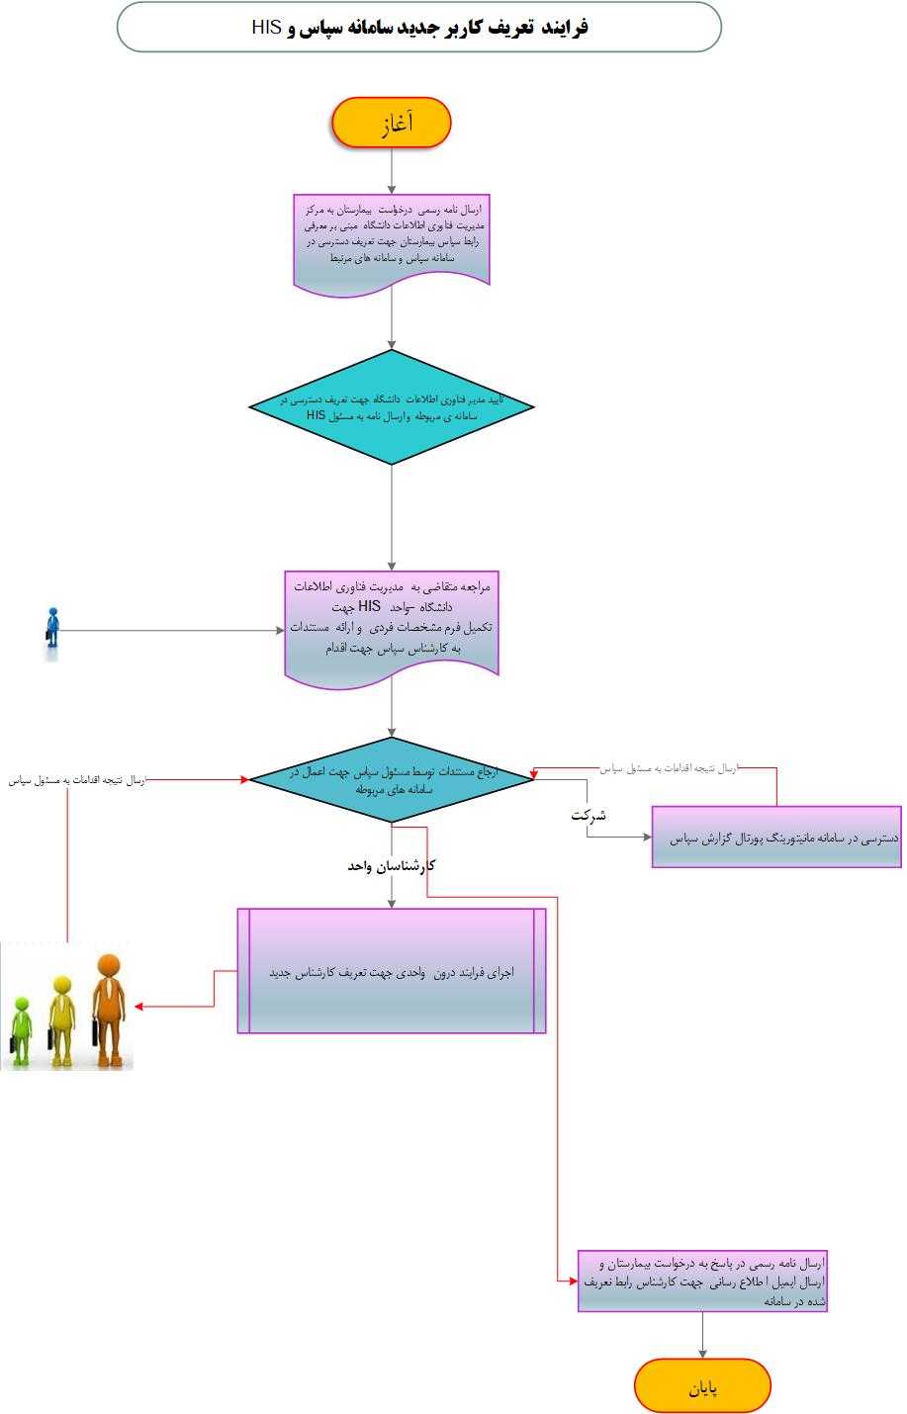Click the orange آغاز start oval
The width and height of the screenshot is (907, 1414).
[x=392, y=123]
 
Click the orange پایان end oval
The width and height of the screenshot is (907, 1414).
[x=702, y=1385]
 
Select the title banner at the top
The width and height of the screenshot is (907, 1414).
[x=419, y=27]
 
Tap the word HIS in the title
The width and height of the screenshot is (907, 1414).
[x=267, y=28]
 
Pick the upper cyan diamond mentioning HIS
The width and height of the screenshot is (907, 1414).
[x=392, y=406]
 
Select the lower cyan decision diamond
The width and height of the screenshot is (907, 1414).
[x=392, y=779]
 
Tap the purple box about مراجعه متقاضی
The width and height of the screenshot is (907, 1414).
[x=392, y=625]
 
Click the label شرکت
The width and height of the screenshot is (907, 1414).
[x=588, y=816]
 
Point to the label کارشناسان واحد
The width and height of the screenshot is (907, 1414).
[x=392, y=865]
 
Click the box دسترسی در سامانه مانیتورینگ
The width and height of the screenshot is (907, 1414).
[x=776, y=838]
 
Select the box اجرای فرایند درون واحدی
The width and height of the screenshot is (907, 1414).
[x=392, y=971]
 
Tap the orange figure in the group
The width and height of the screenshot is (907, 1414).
[x=108, y=1009]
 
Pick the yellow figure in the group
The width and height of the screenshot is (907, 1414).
[x=62, y=1018]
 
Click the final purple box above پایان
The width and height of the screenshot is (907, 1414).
[x=702, y=1281]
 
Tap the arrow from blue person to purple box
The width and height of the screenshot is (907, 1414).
[x=168, y=630]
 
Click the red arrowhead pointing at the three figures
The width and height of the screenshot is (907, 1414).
[x=139, y=1007]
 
